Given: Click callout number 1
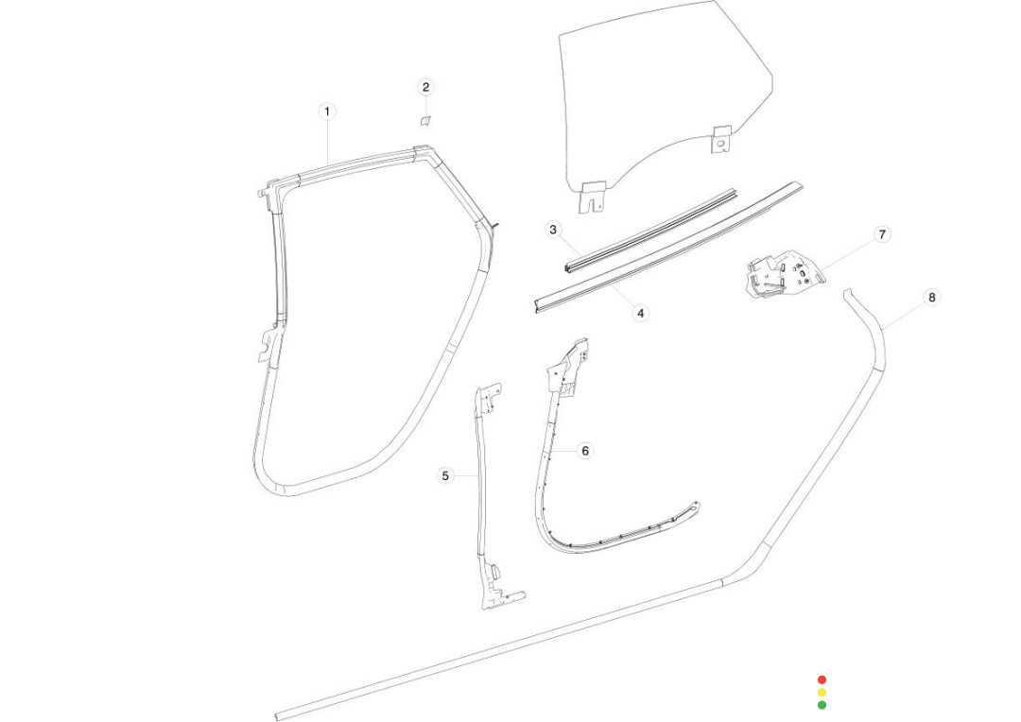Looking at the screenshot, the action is click(327, 112).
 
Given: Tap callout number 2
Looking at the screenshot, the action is click(425, 87).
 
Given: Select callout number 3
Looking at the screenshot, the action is click(553, 229).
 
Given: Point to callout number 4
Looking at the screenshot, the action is click(640, 313).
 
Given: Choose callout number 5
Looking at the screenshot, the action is click(444, 476).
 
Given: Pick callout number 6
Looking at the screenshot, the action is click(585, 451).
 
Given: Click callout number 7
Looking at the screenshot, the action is click(882, 234).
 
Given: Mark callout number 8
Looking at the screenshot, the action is click(932, 298).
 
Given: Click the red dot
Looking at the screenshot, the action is click(822, 679).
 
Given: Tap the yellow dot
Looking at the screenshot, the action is click(822, 692).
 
